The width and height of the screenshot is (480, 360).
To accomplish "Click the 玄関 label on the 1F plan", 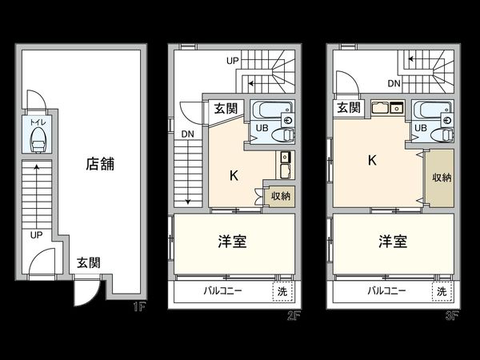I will coord(89,262).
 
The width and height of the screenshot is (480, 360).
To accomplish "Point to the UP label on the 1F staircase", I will coord(36,235).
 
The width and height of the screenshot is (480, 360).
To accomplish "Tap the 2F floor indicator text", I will coord(295,314).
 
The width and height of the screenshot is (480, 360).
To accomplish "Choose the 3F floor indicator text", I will coord(452,314).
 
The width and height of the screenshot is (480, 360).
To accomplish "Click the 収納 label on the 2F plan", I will coord(280,196).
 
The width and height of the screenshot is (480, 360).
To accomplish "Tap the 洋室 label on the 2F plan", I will coord(232,242).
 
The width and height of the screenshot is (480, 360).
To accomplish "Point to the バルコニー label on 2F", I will coord(222,291).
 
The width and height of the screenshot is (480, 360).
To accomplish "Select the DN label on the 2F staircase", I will coord(187,134).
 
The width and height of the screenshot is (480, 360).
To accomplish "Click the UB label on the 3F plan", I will coord(421,126).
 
